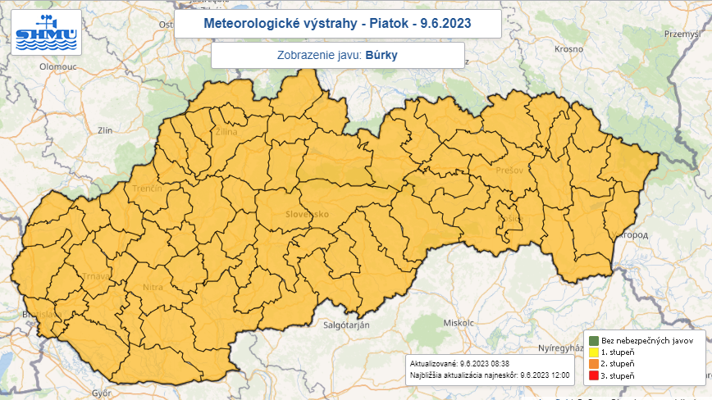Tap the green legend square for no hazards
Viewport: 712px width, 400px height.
pos(592,340)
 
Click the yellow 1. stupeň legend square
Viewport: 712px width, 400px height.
pos(592,352)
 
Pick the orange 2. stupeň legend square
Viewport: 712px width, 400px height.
pos(592,363)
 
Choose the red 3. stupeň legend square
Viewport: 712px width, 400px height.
pos(592,375)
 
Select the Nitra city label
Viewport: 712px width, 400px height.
pos(153,288)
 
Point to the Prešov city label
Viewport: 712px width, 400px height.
pos(509,170)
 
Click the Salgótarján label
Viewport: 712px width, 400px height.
pos(345,325)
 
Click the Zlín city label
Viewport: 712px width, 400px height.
pos(104,130)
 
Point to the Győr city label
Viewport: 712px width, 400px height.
pos(102,393)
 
